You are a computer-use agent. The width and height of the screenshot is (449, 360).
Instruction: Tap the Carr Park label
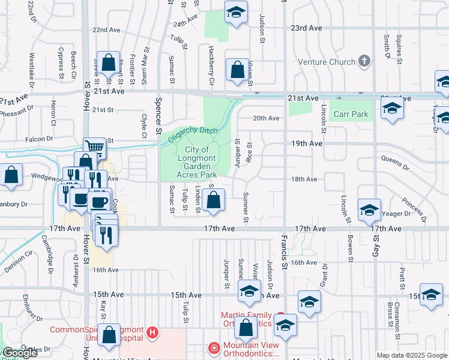[351, 114]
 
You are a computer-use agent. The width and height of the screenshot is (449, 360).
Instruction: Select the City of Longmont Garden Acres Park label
[196, 162]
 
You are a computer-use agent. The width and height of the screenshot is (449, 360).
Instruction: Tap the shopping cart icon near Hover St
[94, 146]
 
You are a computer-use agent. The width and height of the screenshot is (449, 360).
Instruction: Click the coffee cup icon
[99, 200]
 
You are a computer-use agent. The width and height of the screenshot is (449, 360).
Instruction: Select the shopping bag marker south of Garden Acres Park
[214, 200]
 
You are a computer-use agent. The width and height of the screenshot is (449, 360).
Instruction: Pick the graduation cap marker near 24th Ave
[237, 13]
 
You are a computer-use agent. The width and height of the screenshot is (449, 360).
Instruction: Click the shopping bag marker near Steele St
[108, 63]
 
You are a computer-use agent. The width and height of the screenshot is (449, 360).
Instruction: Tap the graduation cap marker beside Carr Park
[392, 109]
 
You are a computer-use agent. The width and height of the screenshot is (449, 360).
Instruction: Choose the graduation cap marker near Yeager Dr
[369, 210]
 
